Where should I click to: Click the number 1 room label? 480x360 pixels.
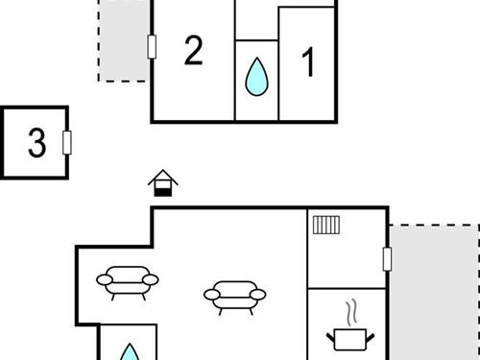tap(308, 63)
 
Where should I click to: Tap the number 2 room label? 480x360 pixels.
tap(194, 51)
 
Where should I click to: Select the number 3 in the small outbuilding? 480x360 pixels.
tap(36, 143)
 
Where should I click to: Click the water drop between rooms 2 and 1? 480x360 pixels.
tap(256, 78)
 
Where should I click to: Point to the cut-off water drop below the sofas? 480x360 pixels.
tap(129, 352)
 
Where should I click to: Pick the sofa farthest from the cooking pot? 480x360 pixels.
tap(128, 283)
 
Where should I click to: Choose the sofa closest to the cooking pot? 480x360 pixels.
tap(233, 296)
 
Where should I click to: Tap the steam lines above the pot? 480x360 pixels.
tap(351, 313)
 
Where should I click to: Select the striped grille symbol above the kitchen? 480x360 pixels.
tap(325, 225)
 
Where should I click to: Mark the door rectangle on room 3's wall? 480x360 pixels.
tap(67, 142)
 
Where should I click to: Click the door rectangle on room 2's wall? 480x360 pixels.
tap(152, 46)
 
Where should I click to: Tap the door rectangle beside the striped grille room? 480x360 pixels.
tap(387, 258)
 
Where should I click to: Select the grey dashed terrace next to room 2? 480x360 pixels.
tap(124, 40)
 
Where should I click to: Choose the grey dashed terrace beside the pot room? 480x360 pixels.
tap(433, 292)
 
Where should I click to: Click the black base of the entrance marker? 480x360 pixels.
tap(162, 191)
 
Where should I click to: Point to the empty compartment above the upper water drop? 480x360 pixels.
tap(256, 19)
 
